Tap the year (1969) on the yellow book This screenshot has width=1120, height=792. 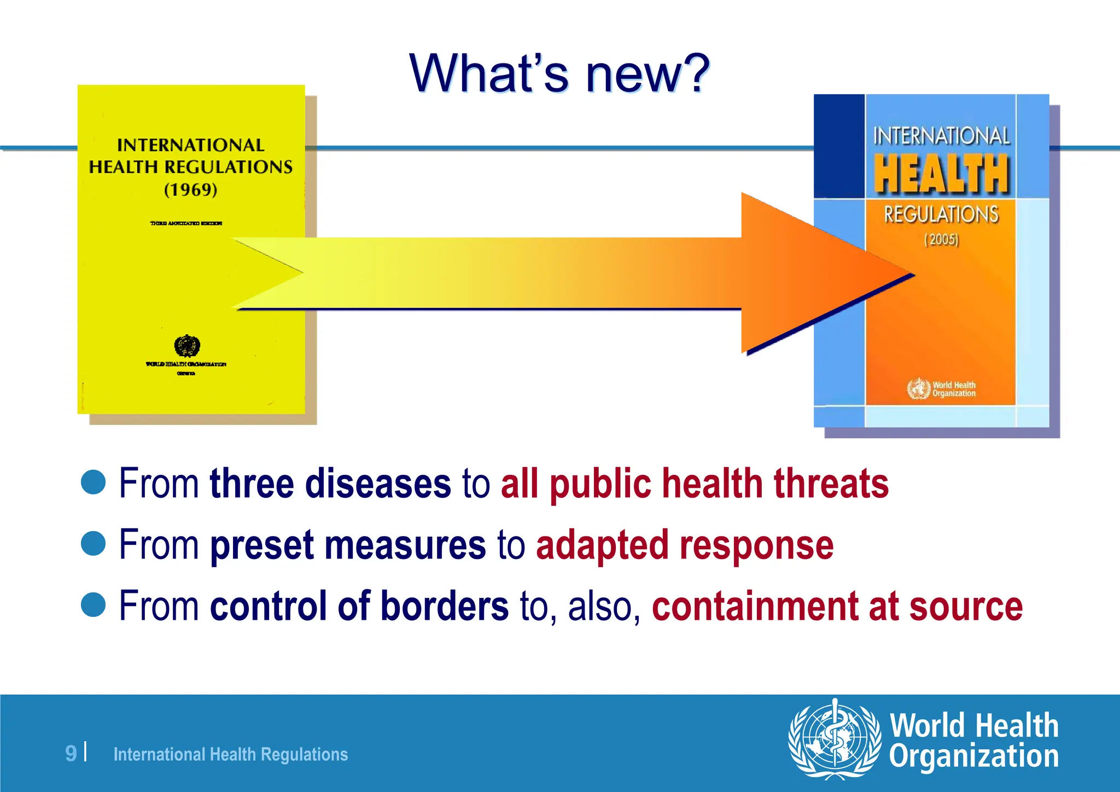click(x=191, y=190)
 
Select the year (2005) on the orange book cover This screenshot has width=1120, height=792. click(x=941, y=240)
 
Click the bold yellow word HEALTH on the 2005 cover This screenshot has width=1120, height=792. click(x=941, y=174)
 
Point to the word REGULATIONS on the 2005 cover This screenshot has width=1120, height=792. click(x=941, y=214)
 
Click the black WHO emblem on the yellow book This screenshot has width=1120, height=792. click(x=187, y=346)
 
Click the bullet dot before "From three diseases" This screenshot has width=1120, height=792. click(x=93, y=482)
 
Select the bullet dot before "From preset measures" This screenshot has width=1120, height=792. click(x=93, y=544)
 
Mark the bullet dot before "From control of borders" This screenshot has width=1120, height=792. click(x=93, y=605)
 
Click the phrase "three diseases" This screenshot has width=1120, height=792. click(x=330, y=484)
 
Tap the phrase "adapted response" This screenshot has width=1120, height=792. click(x=685, y=545)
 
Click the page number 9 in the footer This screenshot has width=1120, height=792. click(x=71, y=753)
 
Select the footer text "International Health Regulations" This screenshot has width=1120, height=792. click(x=230, y=754)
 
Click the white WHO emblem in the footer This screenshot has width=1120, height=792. click(x=835, y=739)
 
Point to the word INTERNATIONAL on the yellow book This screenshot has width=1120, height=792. click(x=191, y=145)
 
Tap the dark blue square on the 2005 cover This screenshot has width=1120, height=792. click(x=839, y=146)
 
